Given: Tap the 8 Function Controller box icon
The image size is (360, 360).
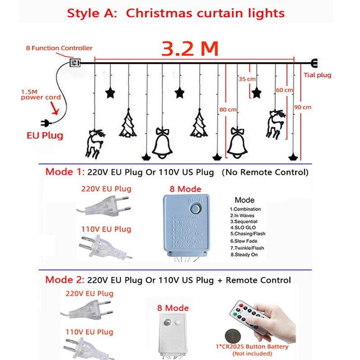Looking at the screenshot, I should (x=75, y=63).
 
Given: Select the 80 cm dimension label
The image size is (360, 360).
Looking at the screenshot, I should (x=228, y=109).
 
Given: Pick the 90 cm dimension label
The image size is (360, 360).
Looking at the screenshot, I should (x=303, y=107).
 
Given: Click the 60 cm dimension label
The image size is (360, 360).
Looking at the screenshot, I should (x=284, y=90).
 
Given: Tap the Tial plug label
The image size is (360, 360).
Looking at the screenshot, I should (x=317, y=75).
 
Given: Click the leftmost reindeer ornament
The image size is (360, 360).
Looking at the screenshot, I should (x=93, y=143).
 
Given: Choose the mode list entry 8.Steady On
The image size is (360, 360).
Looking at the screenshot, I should (x=244, y=255).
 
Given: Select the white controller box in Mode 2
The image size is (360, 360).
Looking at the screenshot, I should (x=172, y=332).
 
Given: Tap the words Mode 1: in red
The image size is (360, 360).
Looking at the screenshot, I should (x=63, y=172).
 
